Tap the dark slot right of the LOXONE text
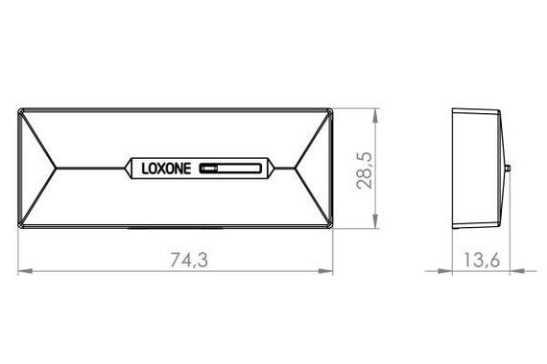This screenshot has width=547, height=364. pos(228,170)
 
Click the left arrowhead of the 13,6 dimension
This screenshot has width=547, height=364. pos(456,271)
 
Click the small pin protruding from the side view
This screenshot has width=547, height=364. pos(507,169)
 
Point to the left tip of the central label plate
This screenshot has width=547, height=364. pos(124,170)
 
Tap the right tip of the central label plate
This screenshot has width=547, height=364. pos(276,170)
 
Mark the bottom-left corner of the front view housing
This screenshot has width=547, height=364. pos(19,227)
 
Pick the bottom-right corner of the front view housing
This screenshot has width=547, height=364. pos(332,227)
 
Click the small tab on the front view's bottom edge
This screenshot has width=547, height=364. pos(176,229)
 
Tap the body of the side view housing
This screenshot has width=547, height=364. pos(477,170)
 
